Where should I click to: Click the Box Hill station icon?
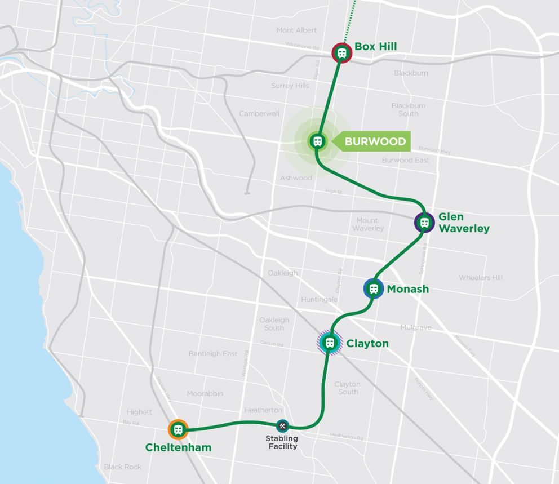pos(341,53)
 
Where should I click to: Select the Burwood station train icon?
pos(317,141)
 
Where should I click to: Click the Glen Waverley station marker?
pos(424,223)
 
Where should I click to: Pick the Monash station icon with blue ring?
pos(373,289)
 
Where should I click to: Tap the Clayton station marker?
pos(330,342)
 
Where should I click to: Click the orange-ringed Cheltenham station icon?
pos(178,430)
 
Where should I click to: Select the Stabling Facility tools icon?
pos(282,426)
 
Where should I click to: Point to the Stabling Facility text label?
pos(282,442)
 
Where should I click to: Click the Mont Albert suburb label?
pos(296,30)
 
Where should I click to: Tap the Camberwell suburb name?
pos(259,113)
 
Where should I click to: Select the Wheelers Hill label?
pos(480,278)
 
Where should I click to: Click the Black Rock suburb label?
pos(122,467)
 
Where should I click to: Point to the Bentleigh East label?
pos(213,354)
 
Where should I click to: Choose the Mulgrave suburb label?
pos(415,327)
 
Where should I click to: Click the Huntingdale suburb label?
pos(319,300)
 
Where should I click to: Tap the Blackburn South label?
pos(408,109)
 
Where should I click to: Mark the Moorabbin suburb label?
pos(205,393)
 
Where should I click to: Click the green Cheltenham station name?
pos(178,448)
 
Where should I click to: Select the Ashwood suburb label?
pos(296,178)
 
